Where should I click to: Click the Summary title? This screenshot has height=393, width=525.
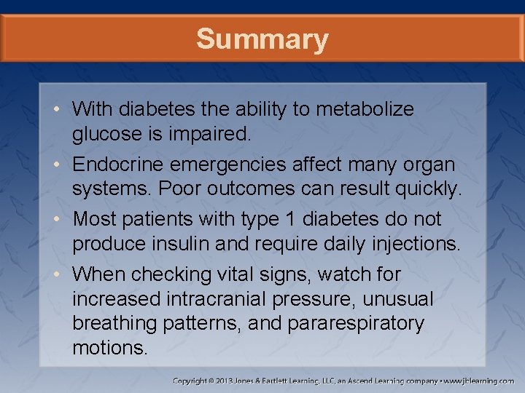[262, 39]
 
